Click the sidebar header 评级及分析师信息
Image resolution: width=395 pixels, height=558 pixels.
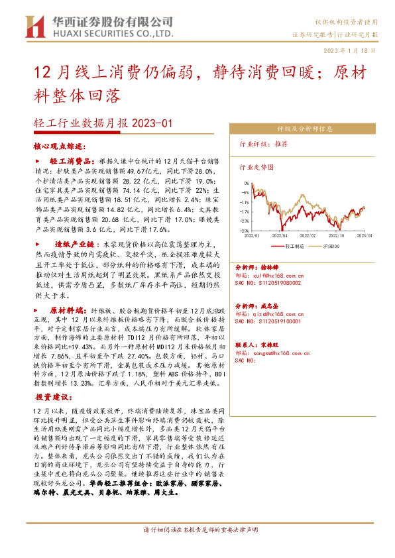click(x=309, y=129)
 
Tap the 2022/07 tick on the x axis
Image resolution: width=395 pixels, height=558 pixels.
click(x=309, y=235)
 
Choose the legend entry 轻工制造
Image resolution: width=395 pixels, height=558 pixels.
click(x=294, y=245)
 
